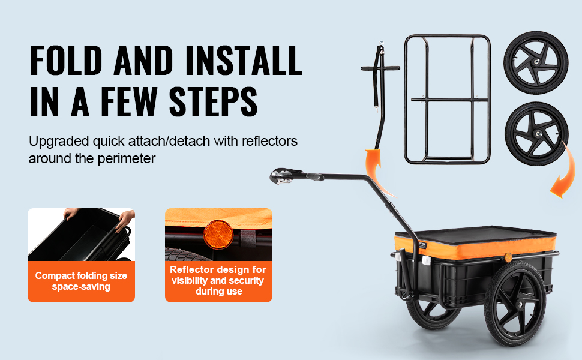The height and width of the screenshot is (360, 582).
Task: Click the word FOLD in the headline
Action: [66, 60]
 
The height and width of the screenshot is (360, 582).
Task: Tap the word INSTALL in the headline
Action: [244, 60]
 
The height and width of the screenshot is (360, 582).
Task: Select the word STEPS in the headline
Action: [213, 101]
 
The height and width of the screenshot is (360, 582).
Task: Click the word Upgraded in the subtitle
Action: [59, 142]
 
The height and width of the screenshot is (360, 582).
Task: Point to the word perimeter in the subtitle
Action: [126, 159]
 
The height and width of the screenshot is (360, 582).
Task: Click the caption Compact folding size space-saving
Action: [81, 281]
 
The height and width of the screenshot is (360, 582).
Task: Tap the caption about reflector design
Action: [218, 280]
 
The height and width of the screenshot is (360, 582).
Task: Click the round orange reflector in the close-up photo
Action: [218, 235]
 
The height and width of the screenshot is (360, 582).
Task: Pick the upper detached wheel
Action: [536, 63]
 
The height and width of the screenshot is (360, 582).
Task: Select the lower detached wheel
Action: [536, 134]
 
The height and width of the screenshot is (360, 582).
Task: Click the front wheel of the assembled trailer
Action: [515, 304]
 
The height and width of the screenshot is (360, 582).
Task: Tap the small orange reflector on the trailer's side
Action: [508, 257]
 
